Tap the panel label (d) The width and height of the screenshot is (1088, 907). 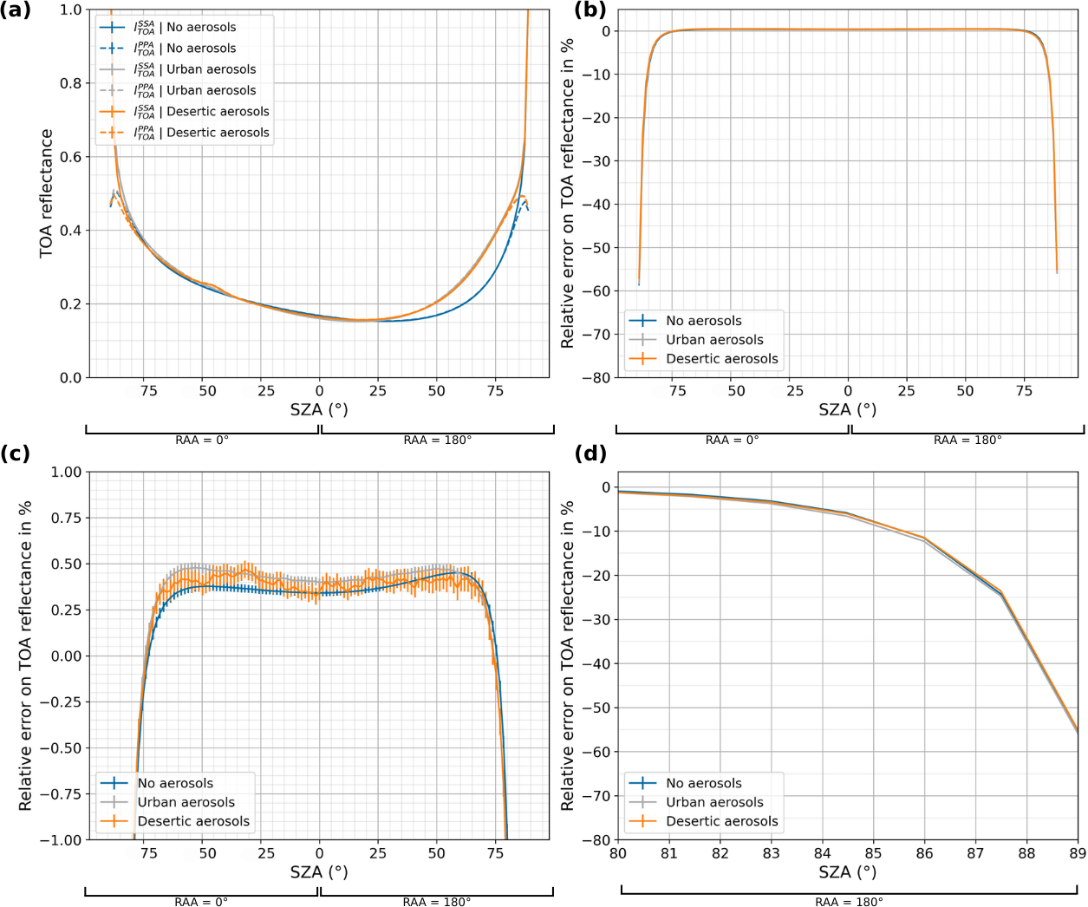(x=590, y=453)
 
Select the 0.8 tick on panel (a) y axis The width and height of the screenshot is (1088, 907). (x=70, y=83)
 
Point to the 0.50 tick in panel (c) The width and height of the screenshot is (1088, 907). (x=67, y=564)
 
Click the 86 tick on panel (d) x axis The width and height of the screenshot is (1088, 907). (x=924, y=853)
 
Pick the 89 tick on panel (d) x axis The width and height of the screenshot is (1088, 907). (x=1078, y=853)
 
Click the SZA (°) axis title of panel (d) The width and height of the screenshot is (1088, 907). (x=847, y=872)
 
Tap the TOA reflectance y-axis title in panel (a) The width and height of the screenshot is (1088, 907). (x=46, y=193)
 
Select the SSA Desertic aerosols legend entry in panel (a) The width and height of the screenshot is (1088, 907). (x=217, y=112)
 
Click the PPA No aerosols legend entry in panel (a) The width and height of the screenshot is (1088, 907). (x=200, y=49)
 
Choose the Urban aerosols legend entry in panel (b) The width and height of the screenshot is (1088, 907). (x=714, y=340)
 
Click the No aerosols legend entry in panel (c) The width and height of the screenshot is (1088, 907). (x=175, y=783)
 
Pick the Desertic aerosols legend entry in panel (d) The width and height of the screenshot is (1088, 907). (x=721, y=821)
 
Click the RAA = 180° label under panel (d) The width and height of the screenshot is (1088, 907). (x=849, y=902)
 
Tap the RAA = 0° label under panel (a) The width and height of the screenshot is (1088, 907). (x=202, y=440)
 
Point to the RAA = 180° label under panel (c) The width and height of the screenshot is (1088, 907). (x=437, y=902)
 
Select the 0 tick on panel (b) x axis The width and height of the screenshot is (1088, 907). (x=848, y=391)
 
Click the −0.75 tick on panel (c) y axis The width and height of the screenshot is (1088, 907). (x=61, y=794)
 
